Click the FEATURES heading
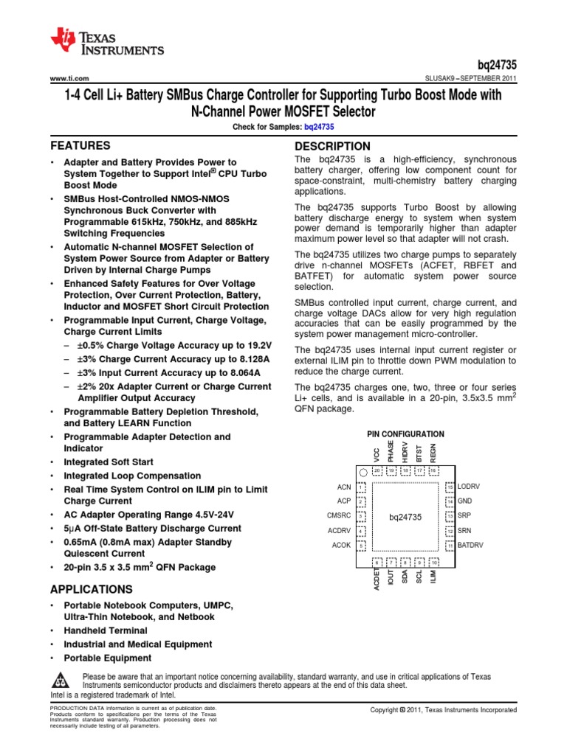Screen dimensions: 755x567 [80, 145]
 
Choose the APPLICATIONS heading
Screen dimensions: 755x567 [91, 589]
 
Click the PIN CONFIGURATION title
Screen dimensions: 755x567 [405, 434]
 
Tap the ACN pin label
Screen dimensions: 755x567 [344, 487]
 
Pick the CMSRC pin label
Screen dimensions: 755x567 [339, 516]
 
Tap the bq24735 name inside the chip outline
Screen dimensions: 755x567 [405, 517]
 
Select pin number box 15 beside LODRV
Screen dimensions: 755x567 [449, 487]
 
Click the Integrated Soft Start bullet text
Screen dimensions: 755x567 [109, 462]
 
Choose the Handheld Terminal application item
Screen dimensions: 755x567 [106, 630]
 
